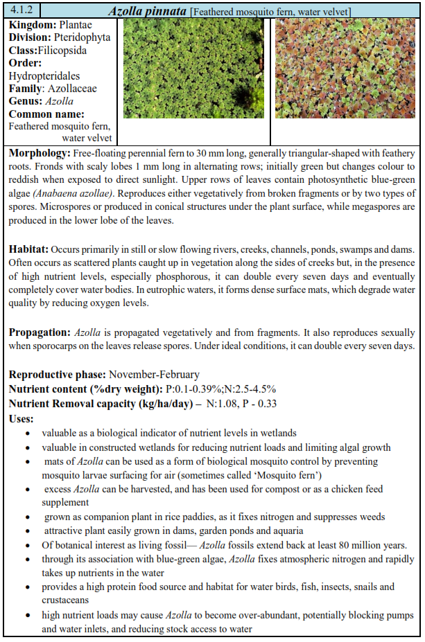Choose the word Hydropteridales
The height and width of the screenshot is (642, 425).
tap(44, 75)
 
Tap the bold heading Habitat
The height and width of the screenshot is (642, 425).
tap(28, 249)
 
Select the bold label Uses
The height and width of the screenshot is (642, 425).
tap(23, 418)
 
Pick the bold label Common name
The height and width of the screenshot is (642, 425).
tap(46, 114)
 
